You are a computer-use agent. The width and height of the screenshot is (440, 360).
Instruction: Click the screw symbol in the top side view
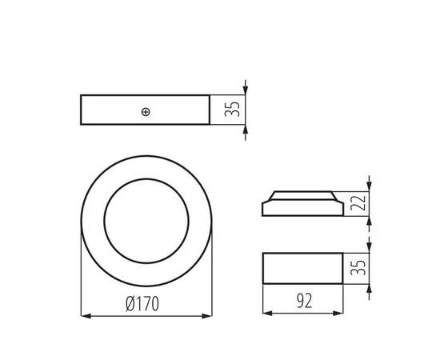(145, 111)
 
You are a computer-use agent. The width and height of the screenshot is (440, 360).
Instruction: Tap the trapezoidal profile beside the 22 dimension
(303, 204)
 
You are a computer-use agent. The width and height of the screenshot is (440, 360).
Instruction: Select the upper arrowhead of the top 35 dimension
(245, 91)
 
